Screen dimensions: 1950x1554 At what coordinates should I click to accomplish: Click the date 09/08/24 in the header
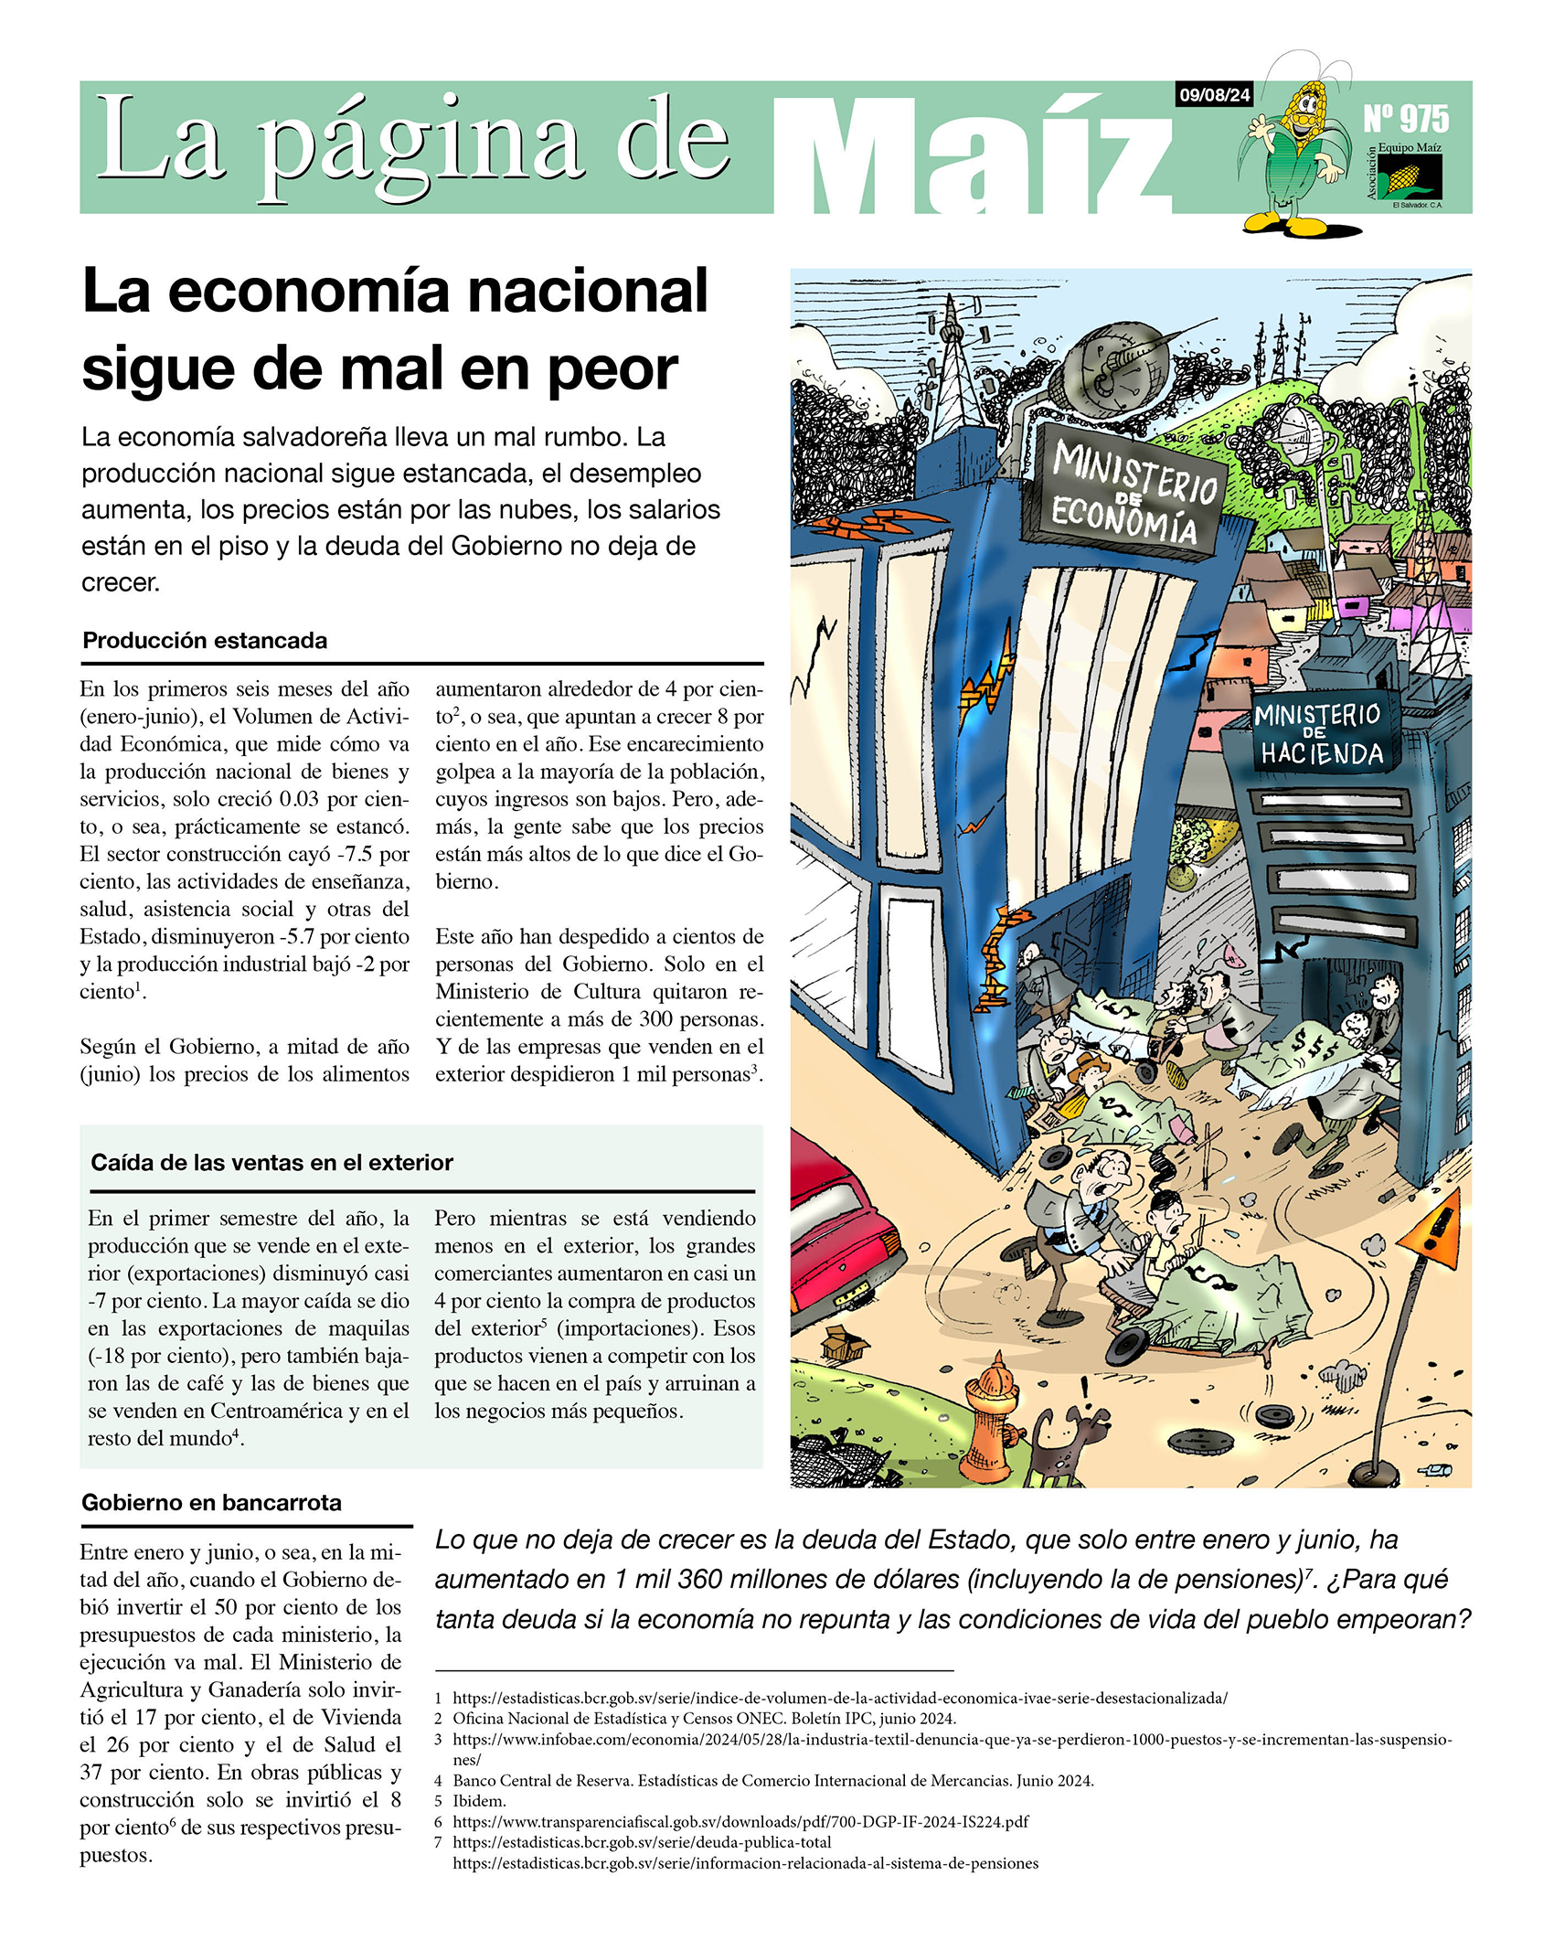[x=1214, y=95]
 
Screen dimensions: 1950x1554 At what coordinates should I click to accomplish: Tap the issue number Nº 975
[x=1406, y=119]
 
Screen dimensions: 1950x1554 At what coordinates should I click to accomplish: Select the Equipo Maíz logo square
[x=1410, y=176]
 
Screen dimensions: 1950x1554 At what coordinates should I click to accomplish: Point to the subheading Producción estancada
[x=205, y=640]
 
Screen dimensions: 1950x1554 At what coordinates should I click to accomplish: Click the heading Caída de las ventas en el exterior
[x=271, y=1162]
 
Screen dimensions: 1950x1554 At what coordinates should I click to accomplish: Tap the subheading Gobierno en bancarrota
[x=211, y=1502]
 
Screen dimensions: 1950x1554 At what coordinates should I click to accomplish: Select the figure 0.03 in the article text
[x=298, y=799]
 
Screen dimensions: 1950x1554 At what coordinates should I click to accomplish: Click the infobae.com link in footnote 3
[x=951, y=1740]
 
